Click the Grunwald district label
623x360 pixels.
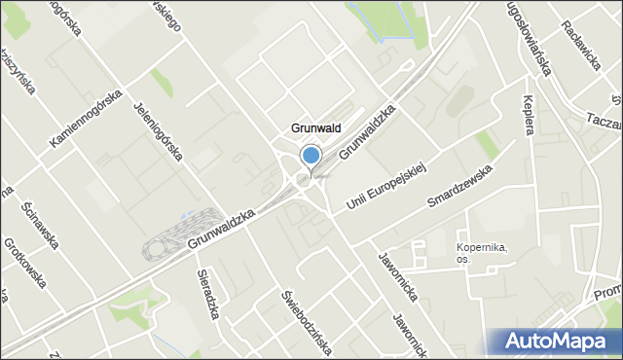click(314, 127)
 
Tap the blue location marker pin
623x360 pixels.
click(311, 156)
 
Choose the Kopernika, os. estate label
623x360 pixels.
click(482, 253)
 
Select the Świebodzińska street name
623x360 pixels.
click(293, 310)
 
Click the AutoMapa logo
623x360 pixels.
click(566, 342)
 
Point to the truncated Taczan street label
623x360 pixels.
click(604, 120)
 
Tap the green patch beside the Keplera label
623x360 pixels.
click(488, 144)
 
